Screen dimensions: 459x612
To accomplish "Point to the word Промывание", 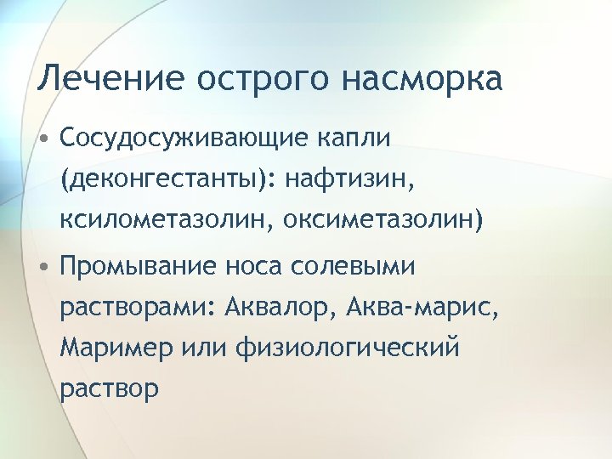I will click(139, 268).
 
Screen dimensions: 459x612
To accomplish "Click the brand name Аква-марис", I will click(422, 307).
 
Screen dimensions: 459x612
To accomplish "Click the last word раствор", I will click(109, 389).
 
